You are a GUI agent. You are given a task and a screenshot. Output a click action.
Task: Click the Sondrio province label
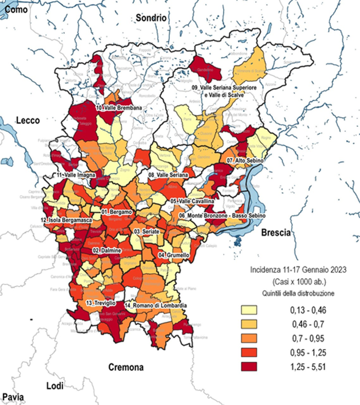pos(152,18)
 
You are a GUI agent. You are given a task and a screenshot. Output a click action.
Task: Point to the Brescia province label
pos(276,233)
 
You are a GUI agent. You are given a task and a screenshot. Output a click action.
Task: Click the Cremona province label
pos(126,367)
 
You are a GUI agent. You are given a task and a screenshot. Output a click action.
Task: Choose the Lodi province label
pos(55,386)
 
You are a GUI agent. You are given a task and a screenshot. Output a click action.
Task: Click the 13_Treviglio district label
pos(103,303)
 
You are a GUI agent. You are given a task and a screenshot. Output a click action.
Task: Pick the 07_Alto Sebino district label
pos(248,161)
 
